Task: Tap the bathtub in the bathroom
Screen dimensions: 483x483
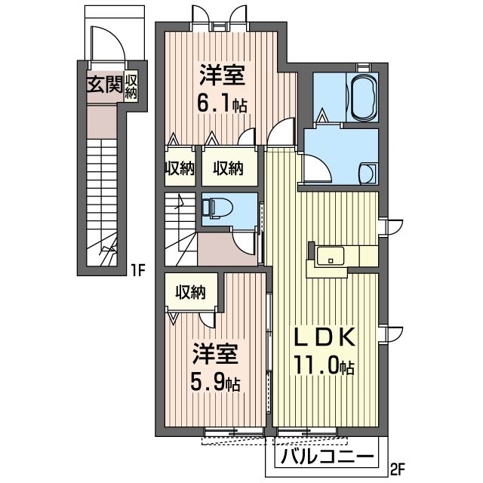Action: click(364, 97)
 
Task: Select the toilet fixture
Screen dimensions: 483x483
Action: click(217, 208)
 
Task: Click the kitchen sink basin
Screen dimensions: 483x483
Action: click(330, 255)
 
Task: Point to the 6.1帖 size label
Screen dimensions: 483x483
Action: click(222, 104)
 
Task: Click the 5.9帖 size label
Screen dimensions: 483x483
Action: click(215, 383)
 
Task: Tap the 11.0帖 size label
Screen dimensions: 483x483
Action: click(324, 365)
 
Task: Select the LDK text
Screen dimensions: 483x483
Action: click(325, 337)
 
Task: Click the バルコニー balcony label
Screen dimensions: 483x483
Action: click(328, 456)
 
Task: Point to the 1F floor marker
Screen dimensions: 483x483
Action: click(138, 270)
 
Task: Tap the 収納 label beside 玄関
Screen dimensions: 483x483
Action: click(131, 85)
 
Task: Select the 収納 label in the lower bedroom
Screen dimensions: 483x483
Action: click(191, 292)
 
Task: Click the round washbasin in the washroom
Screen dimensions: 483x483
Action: click(368, 174)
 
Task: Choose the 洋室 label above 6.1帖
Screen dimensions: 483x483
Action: click(223, 75)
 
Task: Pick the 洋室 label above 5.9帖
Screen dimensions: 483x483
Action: click(215, 354)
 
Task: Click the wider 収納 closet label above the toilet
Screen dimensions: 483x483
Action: click(229, 168)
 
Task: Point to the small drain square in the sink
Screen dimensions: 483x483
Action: click(331, 260)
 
